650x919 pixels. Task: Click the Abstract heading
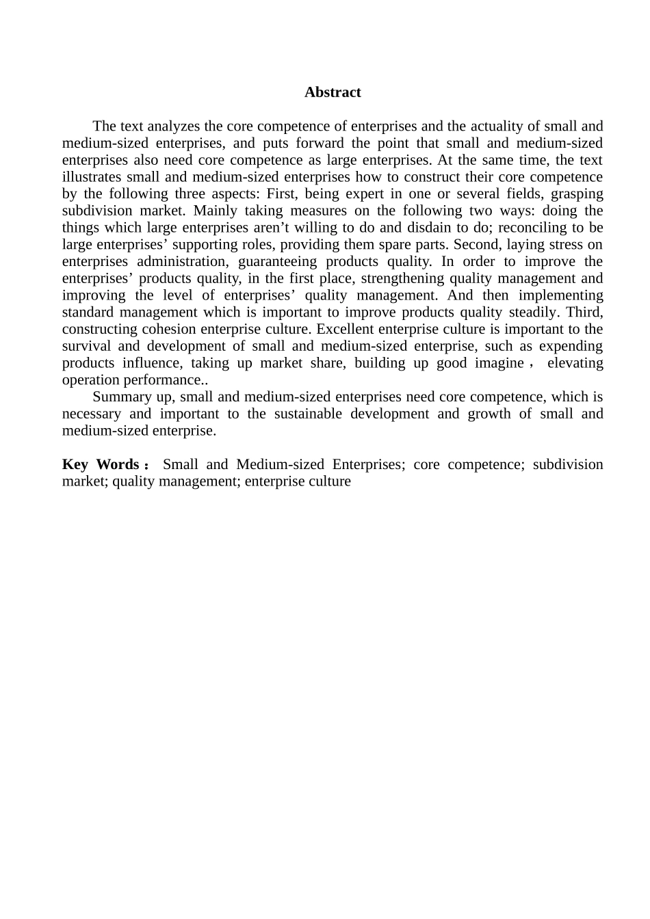(333, 92)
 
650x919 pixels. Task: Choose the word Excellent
(345, 329)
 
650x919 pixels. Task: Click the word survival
(86, 346)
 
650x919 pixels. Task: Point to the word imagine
(499, 363)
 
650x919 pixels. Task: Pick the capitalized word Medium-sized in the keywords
(280, 464)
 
